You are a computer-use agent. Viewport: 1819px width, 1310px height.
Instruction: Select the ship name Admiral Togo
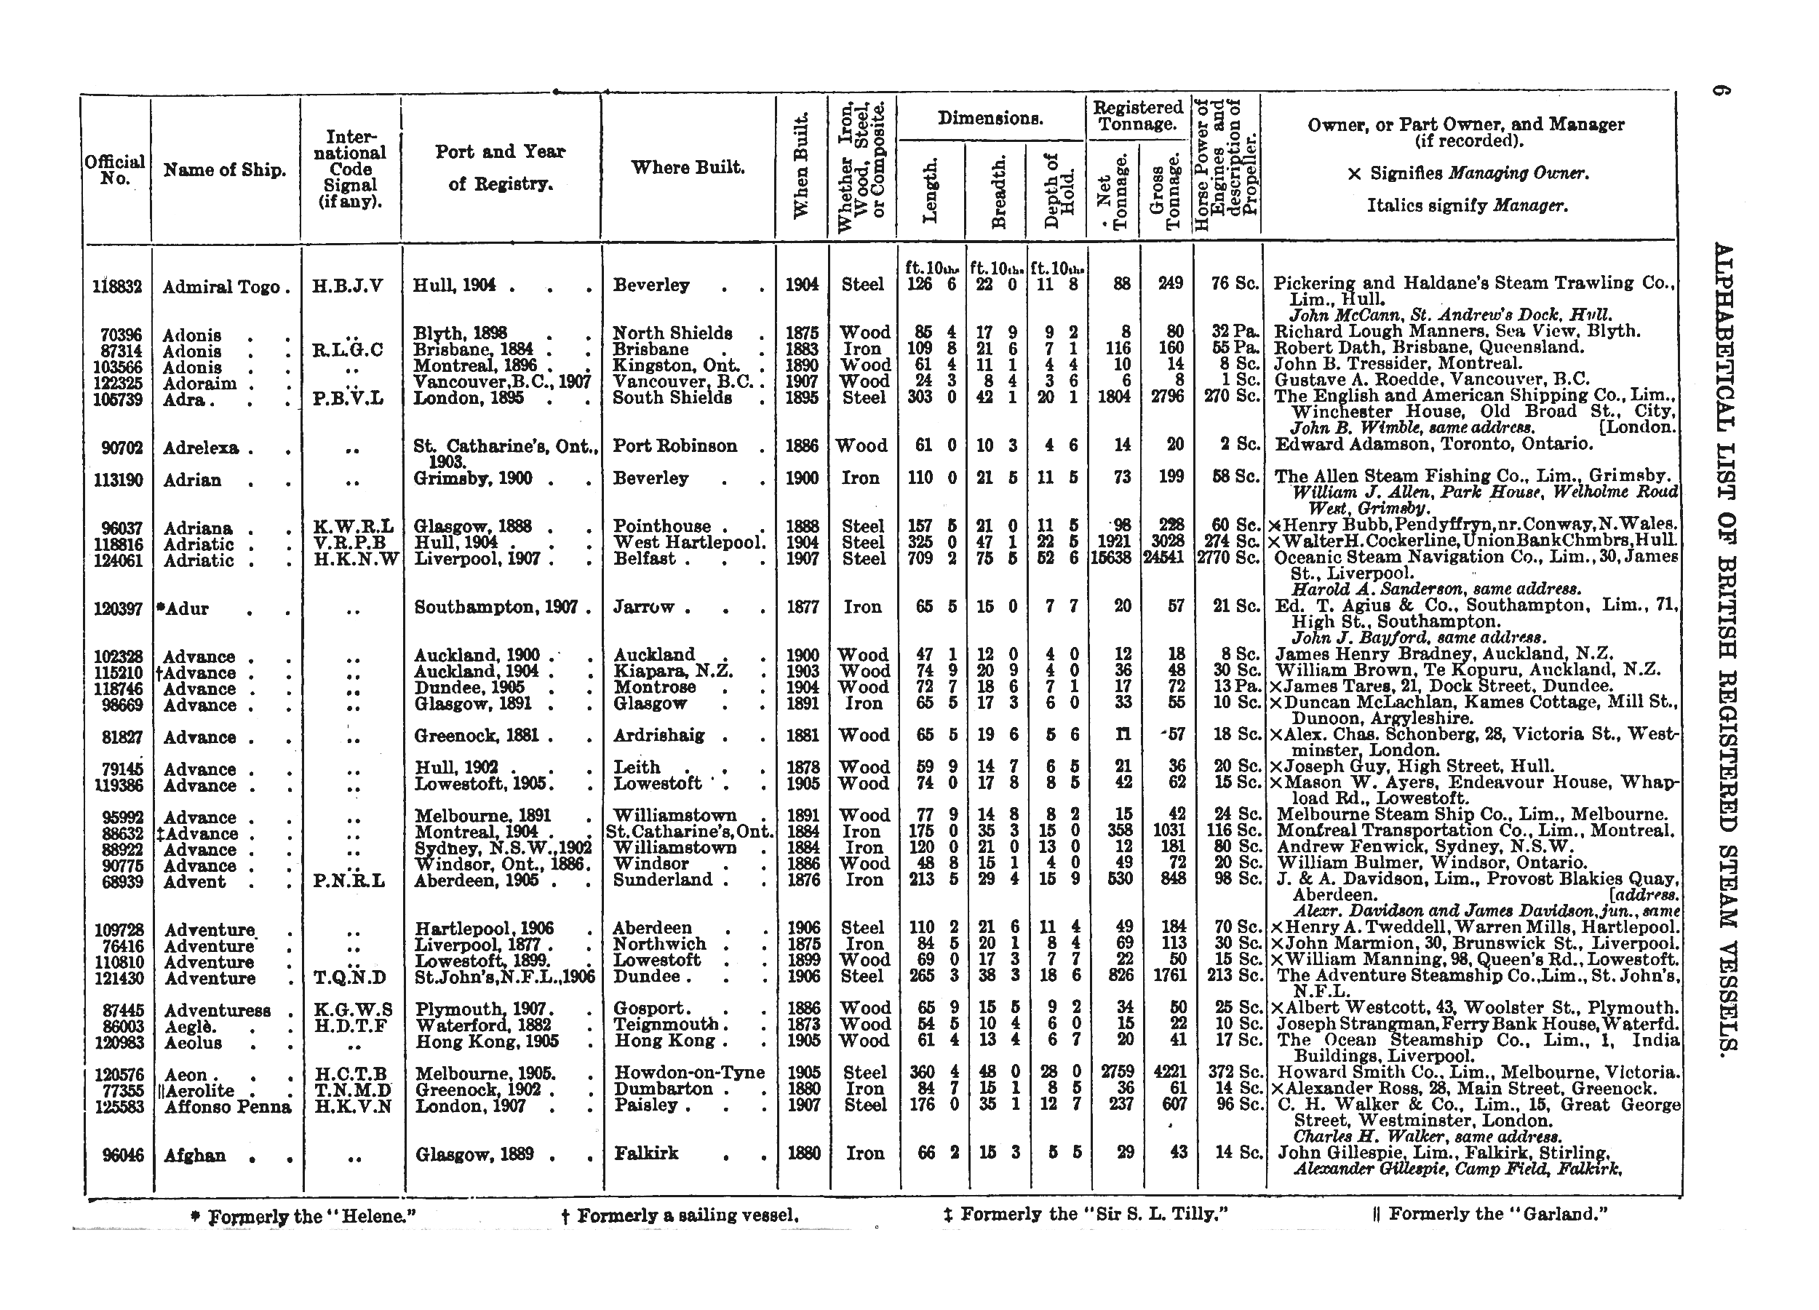click(221, 287)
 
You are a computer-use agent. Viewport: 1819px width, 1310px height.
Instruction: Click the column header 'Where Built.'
click(688, 167)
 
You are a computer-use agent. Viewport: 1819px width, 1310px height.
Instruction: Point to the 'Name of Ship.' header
click(225, 170)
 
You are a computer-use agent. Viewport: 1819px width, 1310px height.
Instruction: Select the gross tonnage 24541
click(1167, 559)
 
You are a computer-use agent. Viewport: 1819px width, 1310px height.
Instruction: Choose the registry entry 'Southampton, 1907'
click(496, 607)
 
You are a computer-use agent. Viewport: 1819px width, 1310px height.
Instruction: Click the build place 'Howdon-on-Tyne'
click(689, 1073)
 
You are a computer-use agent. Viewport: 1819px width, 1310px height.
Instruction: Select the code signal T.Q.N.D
click(351, 978)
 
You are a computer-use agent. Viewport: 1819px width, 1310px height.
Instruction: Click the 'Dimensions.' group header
click(990, 119)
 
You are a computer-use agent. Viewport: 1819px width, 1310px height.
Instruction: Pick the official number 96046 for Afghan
click(123, 1156)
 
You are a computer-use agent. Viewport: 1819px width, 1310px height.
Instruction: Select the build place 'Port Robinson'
click(674, 446)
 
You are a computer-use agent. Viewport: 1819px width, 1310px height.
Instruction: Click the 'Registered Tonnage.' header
click(1137, 116)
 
